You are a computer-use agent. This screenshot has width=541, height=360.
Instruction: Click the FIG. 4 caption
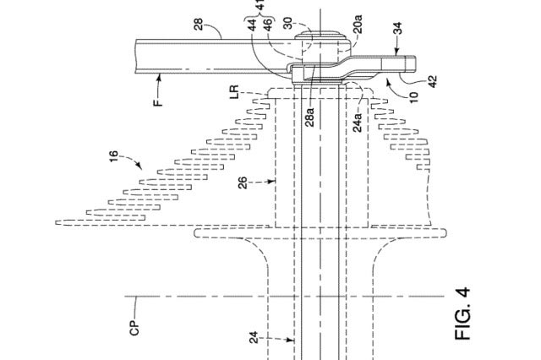point(461,312)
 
